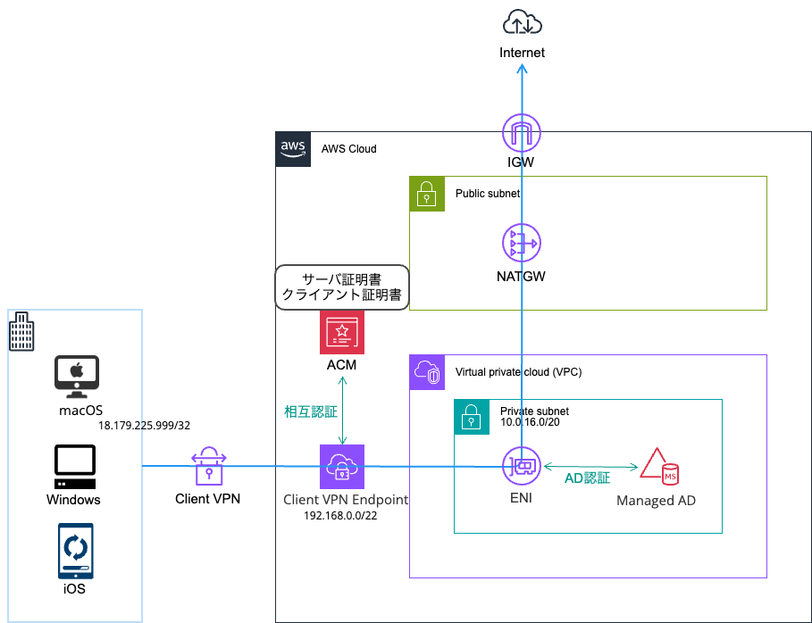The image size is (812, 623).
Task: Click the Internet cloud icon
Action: tap(523, 21)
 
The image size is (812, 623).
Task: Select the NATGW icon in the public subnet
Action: tap(521, 243)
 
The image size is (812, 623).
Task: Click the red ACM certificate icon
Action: tap(342, 332)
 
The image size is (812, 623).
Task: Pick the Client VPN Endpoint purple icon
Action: tap(342, 466)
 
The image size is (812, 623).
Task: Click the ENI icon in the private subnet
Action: tap(521, 466)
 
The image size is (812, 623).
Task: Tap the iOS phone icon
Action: tap(74, 554)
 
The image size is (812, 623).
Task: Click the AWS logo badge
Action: tap(293, 149)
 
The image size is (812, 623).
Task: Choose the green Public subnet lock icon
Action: tap(427, 194)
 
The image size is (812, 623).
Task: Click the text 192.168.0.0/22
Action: tap(341, 516)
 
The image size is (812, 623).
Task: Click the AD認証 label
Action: tap(587, 478)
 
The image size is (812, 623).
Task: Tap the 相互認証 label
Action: tap(310, 411)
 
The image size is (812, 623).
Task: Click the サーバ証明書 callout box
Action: tap(341, 287)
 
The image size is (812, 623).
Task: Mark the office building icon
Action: tap(21, 333)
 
